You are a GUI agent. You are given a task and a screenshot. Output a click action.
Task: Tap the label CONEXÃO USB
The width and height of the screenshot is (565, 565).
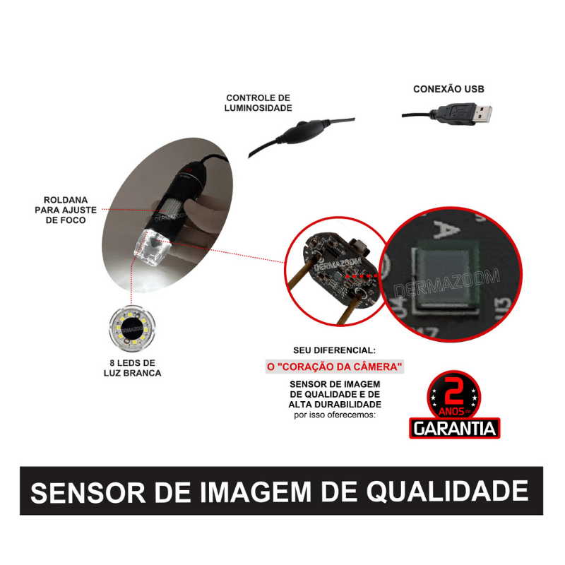pyautogui.click(x=448, y=90)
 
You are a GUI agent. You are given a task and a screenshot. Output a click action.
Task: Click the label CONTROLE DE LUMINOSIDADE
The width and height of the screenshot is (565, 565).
pyautogui.click(x=258, y=102)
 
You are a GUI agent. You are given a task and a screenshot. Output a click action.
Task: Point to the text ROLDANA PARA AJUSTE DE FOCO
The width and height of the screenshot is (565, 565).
pyautogui.click(x=60, y=210)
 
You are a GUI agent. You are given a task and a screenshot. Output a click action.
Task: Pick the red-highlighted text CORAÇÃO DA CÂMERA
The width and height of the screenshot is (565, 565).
pyautogui.click(x=335, y=367)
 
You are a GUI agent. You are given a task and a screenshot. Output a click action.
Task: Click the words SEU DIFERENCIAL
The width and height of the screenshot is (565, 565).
pyautogui.click(x=335, y=350)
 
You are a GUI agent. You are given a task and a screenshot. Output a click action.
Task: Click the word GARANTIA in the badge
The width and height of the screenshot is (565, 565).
pyautogui.click(x=455, y=428)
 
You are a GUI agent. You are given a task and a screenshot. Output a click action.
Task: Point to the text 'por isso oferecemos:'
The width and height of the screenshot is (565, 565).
pyautogui.click(x=335, y=415)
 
